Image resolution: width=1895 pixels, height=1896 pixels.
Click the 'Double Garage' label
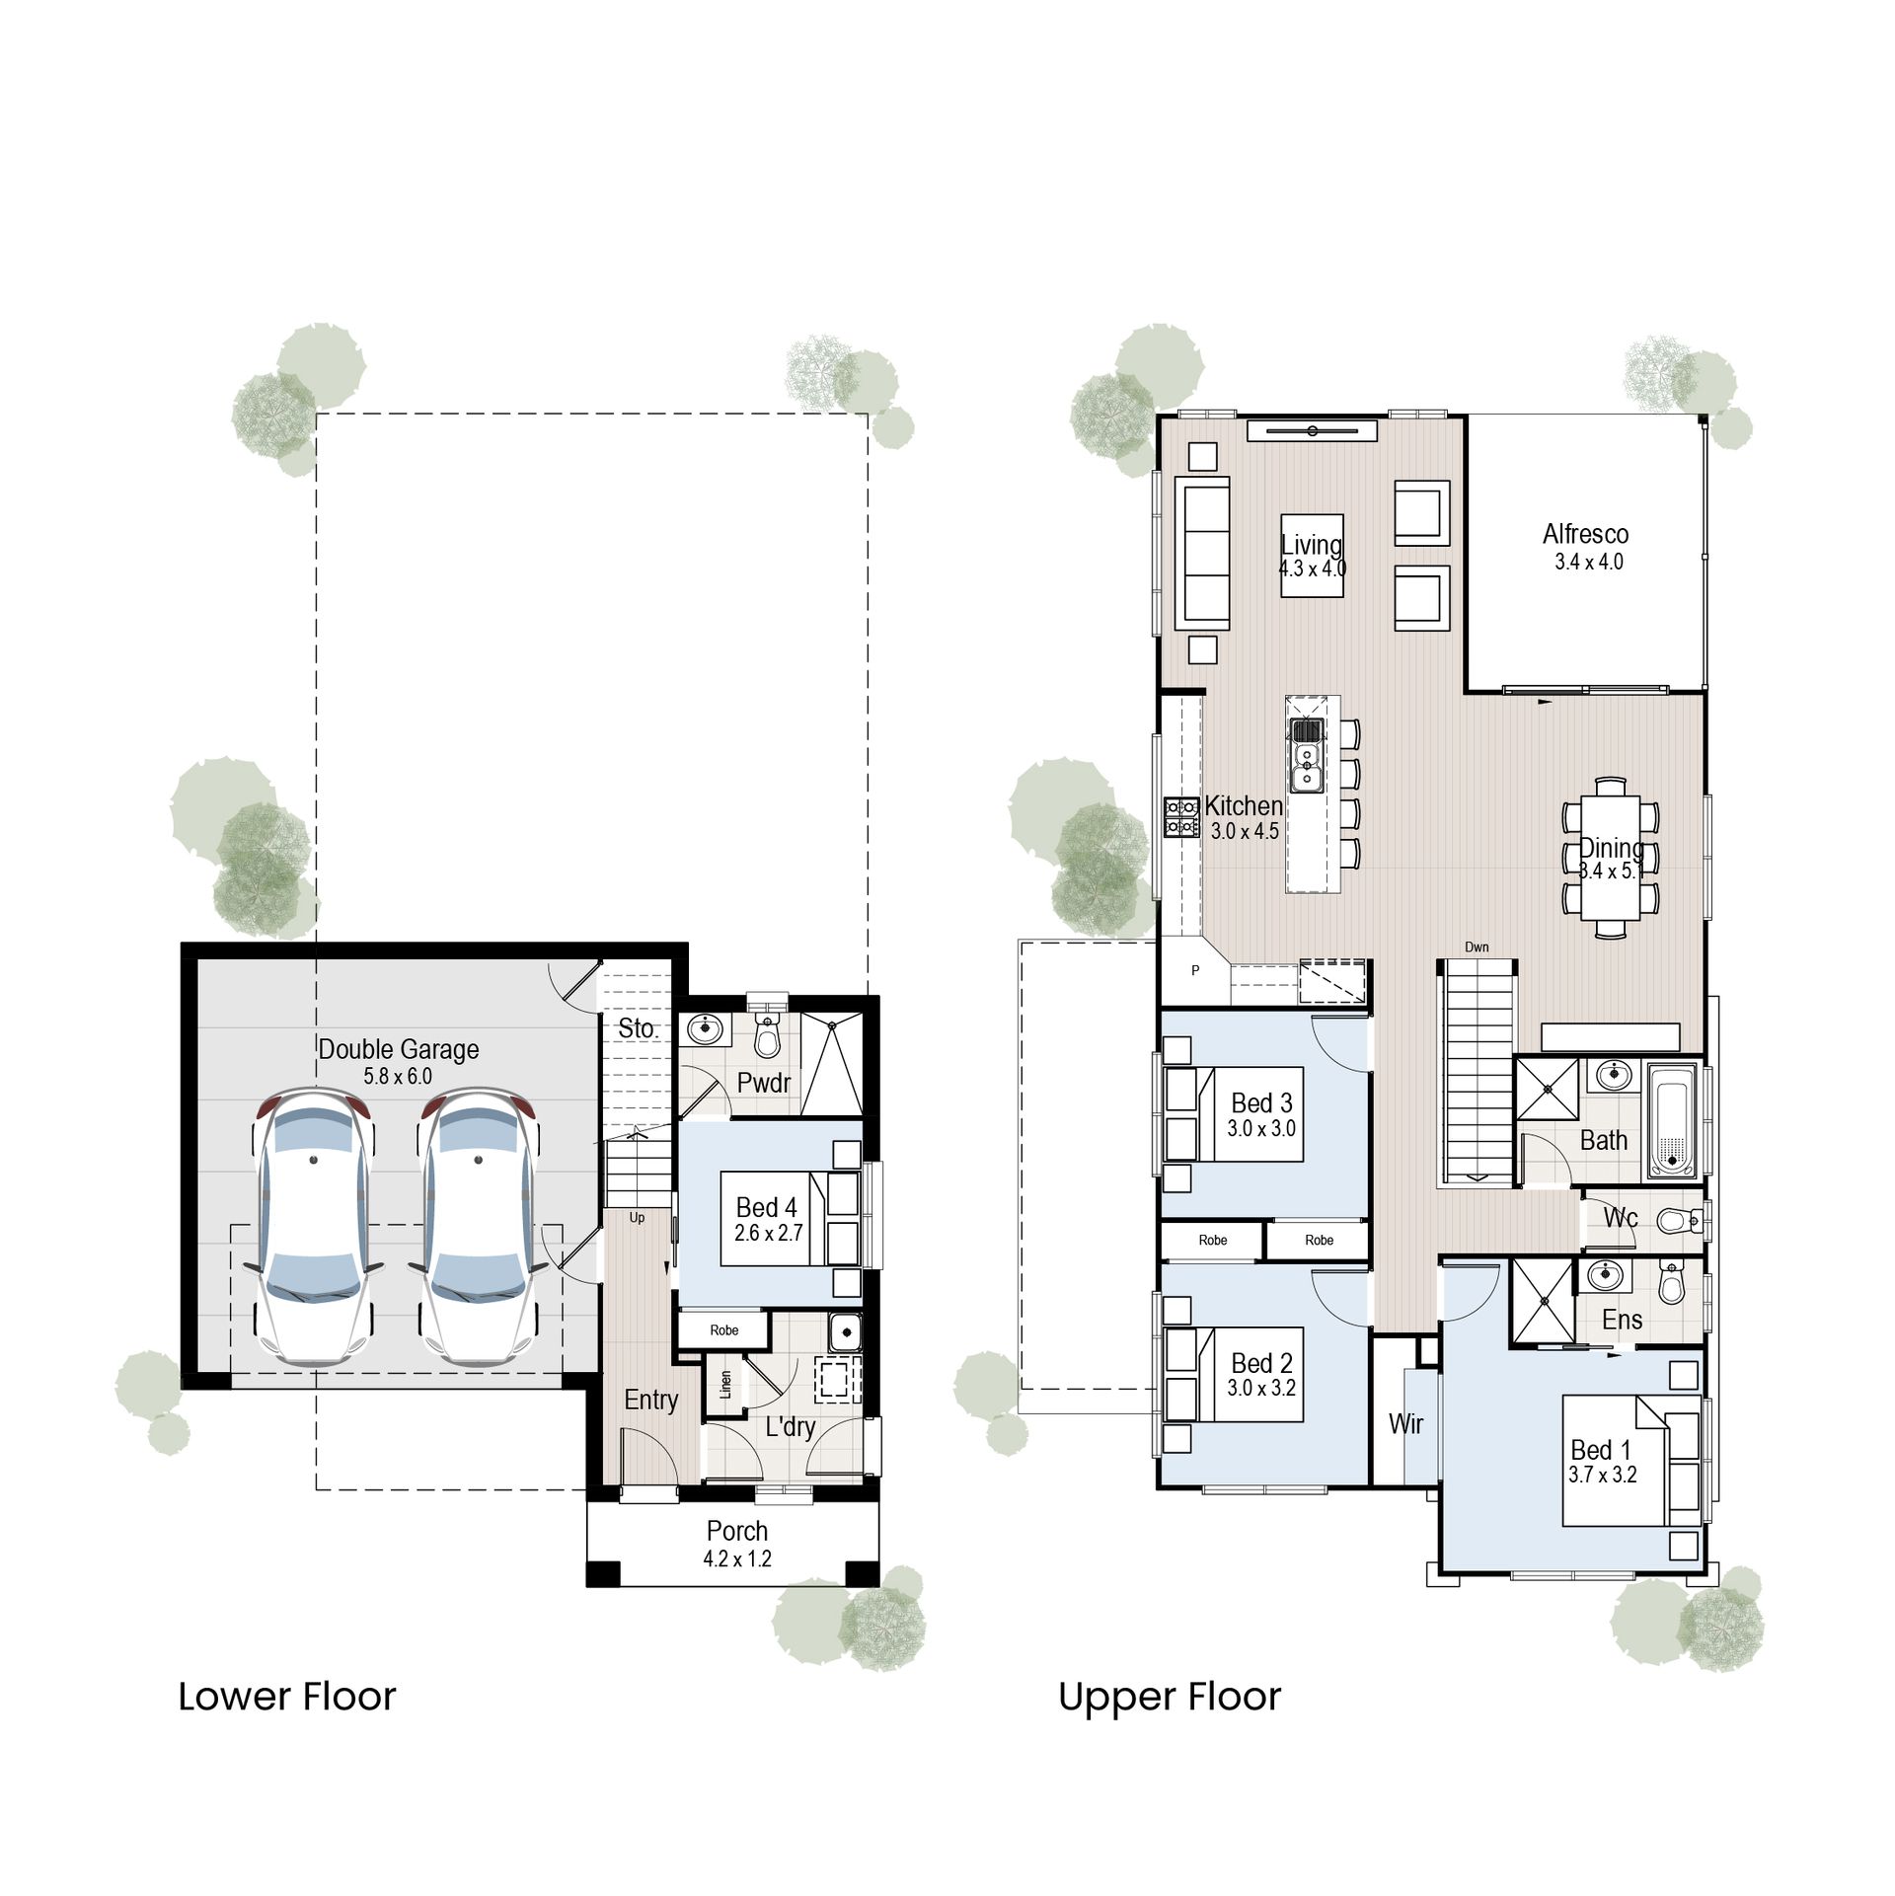coord(398,1049)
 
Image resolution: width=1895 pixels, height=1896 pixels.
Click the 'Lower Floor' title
coord(286,1698)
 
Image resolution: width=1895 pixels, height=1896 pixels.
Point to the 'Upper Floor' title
coord(1169,1698)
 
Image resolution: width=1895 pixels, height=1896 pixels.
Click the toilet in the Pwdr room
coord(767,1037)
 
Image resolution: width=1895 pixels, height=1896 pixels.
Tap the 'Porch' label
coord(736,1531)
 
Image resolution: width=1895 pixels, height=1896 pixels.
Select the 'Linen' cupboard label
coord(725,1384)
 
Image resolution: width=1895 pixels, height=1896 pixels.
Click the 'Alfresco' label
coord(1585,534)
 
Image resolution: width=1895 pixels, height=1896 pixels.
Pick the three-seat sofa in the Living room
coord(1202,553)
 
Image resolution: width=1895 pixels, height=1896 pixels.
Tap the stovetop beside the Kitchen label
coord(1181,816)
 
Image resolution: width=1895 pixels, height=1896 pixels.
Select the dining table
coord(1611,857)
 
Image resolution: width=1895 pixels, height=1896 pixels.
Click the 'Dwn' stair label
coord(1477,947)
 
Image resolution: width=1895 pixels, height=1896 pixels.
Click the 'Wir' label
coord(1405,1423)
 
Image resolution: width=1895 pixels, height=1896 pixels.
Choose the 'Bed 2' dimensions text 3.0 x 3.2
coord(1261,1388)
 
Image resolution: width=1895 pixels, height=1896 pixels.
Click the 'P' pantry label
coord(1195,970)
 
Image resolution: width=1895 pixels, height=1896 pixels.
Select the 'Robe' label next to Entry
coord(723,1330)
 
